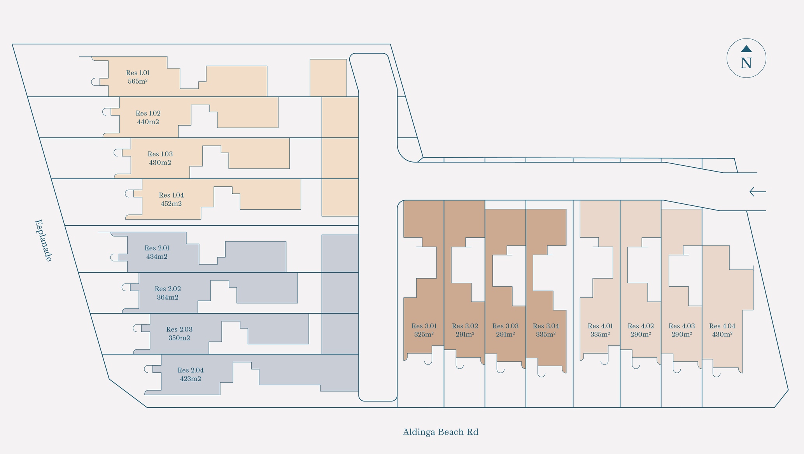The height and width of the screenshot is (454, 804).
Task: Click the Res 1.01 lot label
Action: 138,73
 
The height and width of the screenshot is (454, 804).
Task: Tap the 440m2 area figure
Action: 148,122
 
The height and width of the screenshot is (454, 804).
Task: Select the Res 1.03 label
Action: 160,154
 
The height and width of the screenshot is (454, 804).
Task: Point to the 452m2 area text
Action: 171,203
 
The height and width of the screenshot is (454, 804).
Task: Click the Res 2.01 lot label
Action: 157,248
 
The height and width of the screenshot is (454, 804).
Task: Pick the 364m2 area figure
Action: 168,297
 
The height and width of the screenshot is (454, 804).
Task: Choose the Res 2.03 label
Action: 179,330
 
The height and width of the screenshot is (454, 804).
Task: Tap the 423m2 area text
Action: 190,379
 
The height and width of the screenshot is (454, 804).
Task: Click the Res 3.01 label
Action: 424,326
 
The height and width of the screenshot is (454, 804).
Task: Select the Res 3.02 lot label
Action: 465,326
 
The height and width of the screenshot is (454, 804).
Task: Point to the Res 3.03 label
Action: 505,326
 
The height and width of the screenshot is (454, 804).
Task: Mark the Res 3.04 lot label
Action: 546,326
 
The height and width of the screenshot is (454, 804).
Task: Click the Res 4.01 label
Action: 600,326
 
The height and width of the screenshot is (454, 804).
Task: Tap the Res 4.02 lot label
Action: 641,326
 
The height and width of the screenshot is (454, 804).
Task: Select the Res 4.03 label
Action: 681,326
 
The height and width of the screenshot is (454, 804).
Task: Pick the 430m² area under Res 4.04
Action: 722,335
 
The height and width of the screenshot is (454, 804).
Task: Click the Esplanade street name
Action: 43,240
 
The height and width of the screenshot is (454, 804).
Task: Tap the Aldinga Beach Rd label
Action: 440,432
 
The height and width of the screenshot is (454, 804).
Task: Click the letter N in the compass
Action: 746,63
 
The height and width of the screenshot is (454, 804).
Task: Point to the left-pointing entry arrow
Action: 757,192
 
